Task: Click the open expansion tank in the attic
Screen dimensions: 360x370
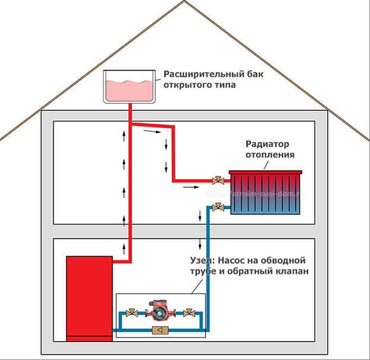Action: point(129,87)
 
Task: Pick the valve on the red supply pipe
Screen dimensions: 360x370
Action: point(218,179)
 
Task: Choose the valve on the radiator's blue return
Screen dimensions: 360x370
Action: point(218,207)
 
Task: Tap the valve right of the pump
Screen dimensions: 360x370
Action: point(188,314)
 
